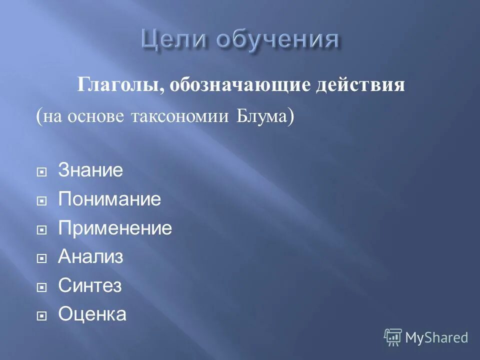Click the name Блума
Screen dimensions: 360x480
pyautogui.click(x=262, y=116)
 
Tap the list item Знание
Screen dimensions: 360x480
pyautogui.click(x=90, y=170)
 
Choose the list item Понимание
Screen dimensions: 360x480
pyautogui.click(x=109, y=199)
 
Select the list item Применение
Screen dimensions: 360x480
pyautogui.click(x=115, y=228)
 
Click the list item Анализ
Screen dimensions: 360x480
pyautogui.click(x=90, y=257)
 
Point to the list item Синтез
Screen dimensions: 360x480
pyautogui.click(x=90, y=286)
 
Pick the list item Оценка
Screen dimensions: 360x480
pyautogui.click(x=92, y=314)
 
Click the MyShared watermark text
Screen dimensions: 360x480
pyautogui.click(x=436, y=337)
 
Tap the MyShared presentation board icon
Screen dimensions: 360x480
pyautogui.click(x=393, y=337)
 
